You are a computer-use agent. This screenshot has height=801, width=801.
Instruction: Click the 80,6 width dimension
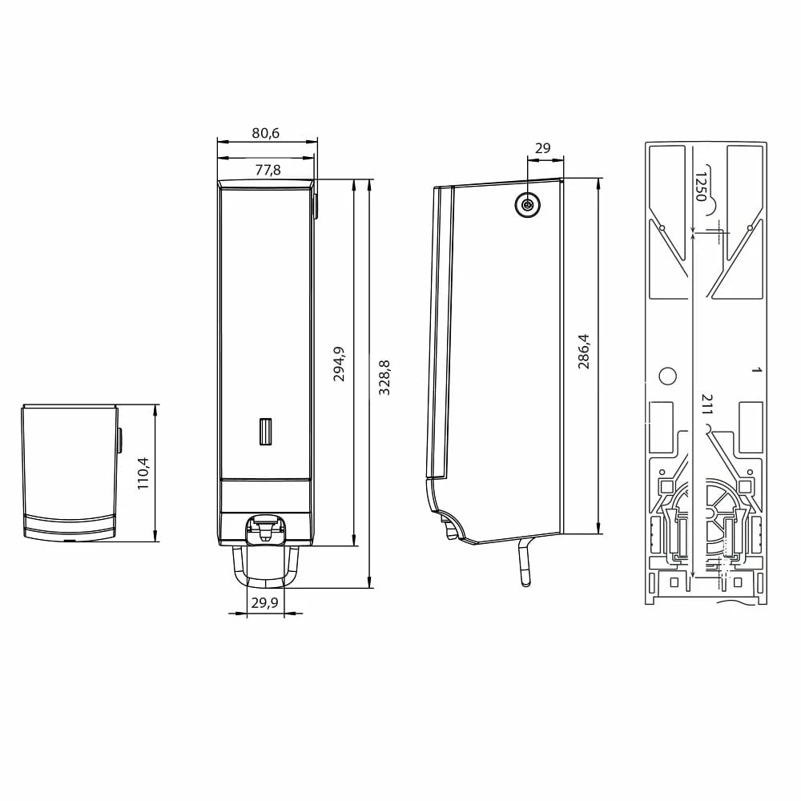(x=266, y=133)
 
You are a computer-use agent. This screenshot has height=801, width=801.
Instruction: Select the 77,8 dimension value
(x=268, y=170)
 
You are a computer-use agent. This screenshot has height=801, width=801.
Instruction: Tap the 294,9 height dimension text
(x=339, y=364)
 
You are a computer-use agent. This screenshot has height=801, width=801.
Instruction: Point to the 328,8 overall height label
(x=384, y=377)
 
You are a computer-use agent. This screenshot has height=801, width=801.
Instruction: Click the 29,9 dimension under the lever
(x=264, y=603)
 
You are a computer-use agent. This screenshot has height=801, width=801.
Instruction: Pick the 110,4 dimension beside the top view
(x=143, y=473)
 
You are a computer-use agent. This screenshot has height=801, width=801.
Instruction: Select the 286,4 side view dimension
(x=583, y=352)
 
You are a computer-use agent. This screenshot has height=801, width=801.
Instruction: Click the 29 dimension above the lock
(x=542, y=148)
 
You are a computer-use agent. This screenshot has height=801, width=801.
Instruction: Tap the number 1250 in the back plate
(x=701, y=187)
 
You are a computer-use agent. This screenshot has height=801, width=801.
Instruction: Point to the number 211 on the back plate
(x=707, y=404)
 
